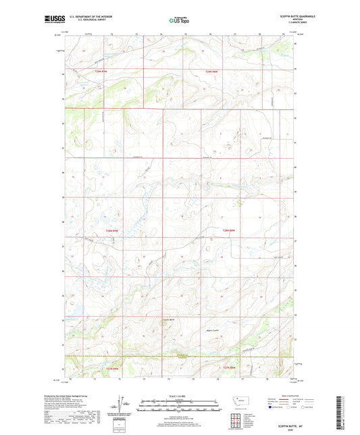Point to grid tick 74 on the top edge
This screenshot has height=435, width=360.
click(x=161, y=33)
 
